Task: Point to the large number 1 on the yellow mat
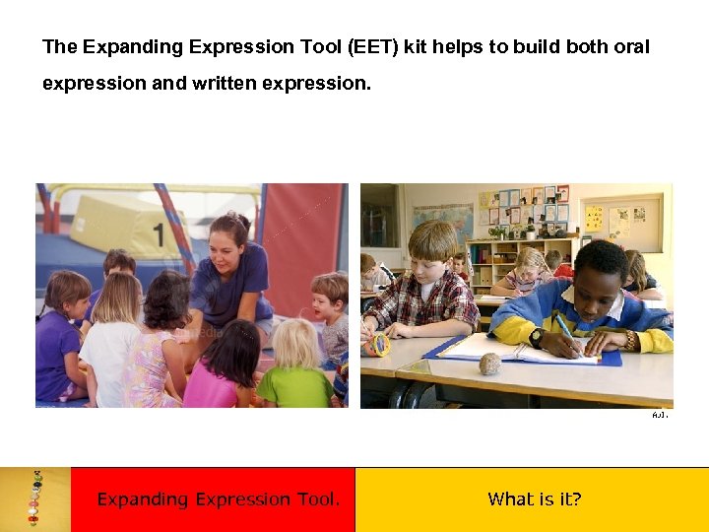pyautogui.click(x=158, y=234)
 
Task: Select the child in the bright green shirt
pyautogui.click(x=293, y=369)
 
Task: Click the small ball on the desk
pyautogui.click(x=489, y=365)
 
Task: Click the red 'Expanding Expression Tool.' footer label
pyautogui.click(x=219, y=499)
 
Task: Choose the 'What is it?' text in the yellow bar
pyautogui.click(x=535, y=499)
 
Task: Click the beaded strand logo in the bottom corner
pyautogui.click(x=34, y=499)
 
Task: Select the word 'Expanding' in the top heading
pyautogui.click(x=126, y=47)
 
